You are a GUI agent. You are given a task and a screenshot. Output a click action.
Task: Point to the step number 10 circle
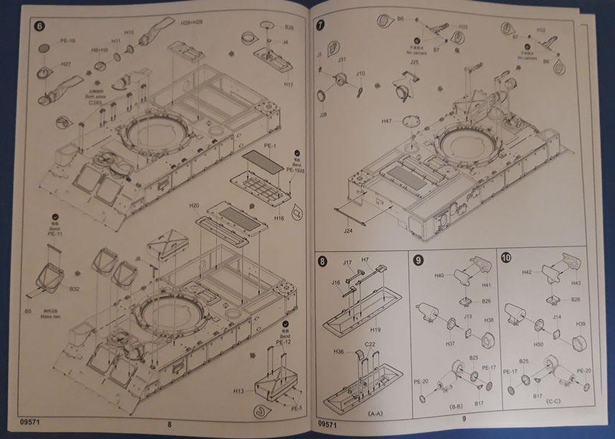pos(507,258)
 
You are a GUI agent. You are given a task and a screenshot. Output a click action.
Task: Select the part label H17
pos(288,84)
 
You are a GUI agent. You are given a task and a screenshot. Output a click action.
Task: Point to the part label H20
pos(194,205)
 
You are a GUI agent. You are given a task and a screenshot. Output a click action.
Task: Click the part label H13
pos(239,390)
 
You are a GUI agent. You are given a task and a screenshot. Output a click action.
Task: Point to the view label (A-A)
pos(374,415)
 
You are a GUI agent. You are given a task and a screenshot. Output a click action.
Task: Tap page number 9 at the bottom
pos(464,419)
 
